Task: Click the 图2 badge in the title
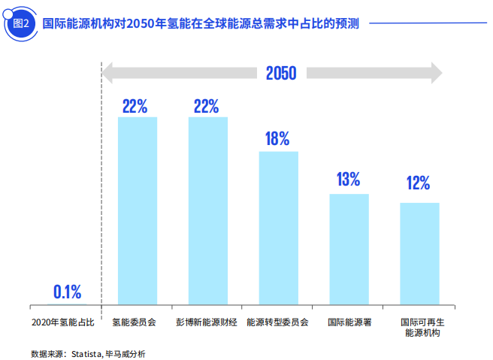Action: [21, 23]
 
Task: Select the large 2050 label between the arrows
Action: [280, 73]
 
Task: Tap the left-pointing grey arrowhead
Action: [108, 73]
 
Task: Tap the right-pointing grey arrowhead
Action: [435, 73]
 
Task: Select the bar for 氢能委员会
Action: [138, 210]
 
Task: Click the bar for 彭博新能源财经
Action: [207, 210]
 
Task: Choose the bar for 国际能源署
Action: [349, 249]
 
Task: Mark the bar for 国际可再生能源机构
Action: [419, 253]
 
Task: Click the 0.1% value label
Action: [67, 292]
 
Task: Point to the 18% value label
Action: [277, 139]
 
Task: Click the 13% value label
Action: [349, 180]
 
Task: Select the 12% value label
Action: [419, 183]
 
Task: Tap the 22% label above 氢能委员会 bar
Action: [135, 106]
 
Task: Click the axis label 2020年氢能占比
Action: [63, 322]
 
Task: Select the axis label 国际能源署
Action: [349, 322]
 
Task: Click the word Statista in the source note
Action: [86, 352]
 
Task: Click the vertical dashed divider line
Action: [101, 188]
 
